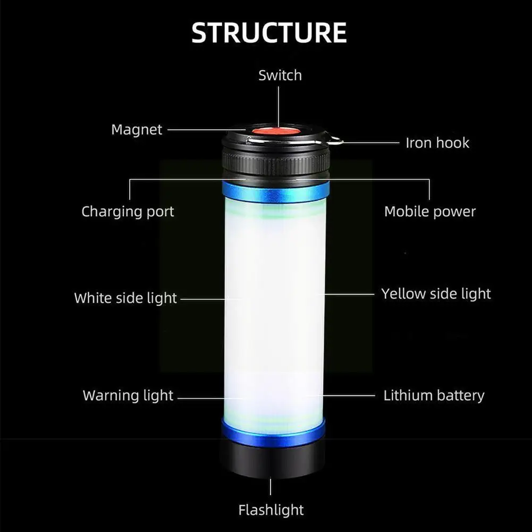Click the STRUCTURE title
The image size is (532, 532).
[x=269, y=33]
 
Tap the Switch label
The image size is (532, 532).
[x=280, y=75]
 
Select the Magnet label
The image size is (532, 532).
[x=137, y=130]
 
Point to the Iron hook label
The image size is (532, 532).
[x=437, y=142]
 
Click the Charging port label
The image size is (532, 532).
[x=128, y=212]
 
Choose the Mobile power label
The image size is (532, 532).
[x=430, y=212]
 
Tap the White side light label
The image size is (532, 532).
[x=125, y=298]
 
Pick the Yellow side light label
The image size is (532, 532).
[x=436, y=293]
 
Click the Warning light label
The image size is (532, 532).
[x=128, y=395]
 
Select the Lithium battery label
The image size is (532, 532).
[x=434, y=395]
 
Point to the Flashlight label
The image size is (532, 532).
[x=271, y=511]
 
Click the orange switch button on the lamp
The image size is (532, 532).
[x=275, y=131]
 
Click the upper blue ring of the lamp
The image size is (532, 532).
[x=275, y=191]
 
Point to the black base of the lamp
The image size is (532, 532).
[x=272, y=460]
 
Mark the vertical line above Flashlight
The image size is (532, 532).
[x=271, y=487]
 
